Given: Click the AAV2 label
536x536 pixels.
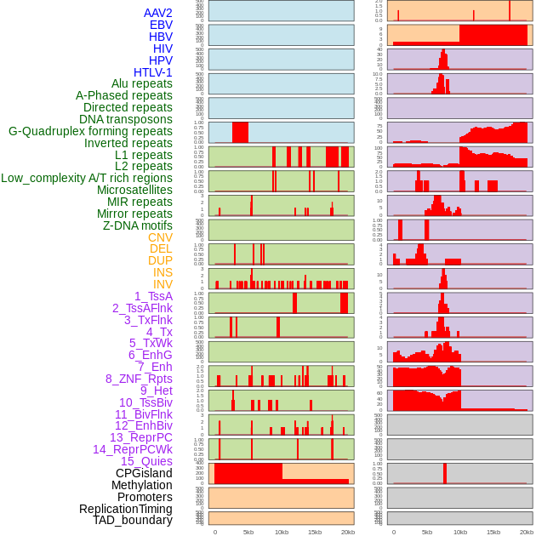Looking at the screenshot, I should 157,13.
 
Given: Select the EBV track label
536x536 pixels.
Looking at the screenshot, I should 161,25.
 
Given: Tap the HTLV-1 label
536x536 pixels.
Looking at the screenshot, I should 152,72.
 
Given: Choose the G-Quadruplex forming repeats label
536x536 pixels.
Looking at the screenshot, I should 90,131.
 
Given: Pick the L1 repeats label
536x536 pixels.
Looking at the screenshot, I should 143,155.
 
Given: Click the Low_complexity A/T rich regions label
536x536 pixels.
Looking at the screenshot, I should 87,178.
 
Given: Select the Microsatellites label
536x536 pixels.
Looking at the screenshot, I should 134,190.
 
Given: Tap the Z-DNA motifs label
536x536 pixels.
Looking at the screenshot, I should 137,225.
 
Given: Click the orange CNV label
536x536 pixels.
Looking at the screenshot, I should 160,237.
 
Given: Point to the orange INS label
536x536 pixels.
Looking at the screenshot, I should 163,272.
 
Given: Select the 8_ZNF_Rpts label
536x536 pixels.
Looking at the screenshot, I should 139,379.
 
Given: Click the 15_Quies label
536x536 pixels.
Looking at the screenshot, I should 145,461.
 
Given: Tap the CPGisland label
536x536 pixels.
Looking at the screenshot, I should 144,473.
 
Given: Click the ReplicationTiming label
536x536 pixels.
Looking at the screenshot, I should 125,509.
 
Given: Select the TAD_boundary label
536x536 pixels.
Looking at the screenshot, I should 132,520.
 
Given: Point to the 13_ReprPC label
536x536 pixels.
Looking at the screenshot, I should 140,437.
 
